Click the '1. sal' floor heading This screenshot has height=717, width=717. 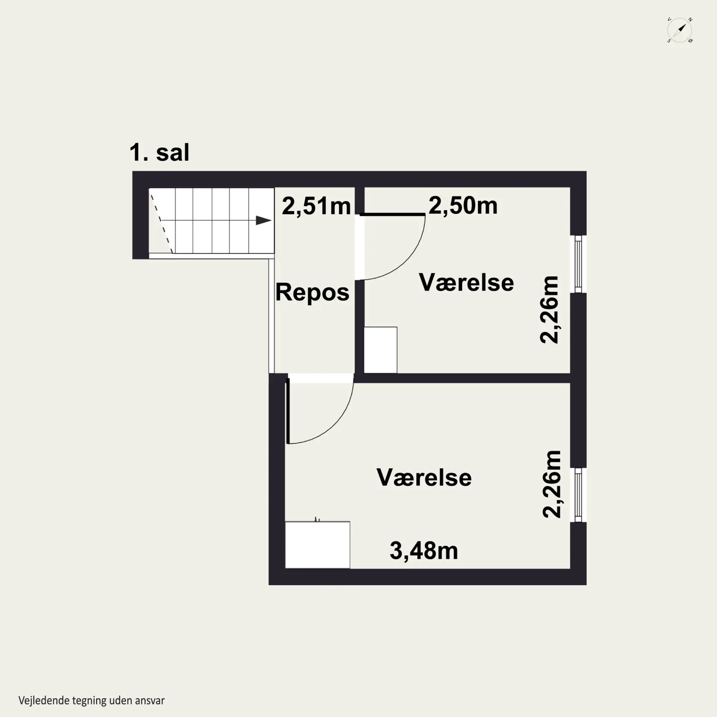159,152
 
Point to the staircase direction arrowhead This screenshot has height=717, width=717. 264,220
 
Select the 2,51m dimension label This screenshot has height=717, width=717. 316,206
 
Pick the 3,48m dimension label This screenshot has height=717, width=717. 424,550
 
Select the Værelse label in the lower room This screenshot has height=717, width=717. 424,477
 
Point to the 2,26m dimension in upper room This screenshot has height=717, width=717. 549,310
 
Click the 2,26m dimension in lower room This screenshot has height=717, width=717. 552,484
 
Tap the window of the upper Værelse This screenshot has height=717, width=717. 578,264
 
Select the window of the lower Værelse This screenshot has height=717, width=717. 578,495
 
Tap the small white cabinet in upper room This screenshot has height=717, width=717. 381,350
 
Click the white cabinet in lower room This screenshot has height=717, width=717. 317,545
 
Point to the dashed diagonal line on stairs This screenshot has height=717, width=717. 161,221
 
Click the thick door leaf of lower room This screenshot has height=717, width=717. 288,411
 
